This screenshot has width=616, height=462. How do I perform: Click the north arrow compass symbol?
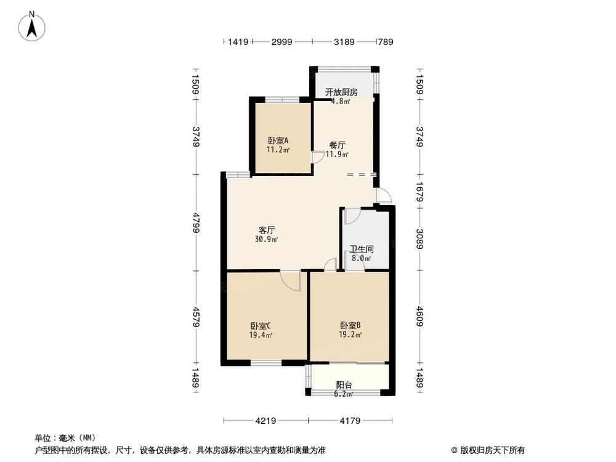[x=32, y=26]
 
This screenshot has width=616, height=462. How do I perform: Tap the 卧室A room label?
[x=278, y=140]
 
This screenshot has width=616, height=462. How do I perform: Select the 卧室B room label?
[x=351, y=326]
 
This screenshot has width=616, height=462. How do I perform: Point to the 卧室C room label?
[x=261, y=326]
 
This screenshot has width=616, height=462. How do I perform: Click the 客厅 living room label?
[x=267, y=230]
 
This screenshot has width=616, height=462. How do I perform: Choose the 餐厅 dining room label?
[x=337, y=145]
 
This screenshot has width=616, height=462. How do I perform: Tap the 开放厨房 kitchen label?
[x=341, y=92]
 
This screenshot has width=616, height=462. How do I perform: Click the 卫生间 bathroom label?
[x=362, y=249]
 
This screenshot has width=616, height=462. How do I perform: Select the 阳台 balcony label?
[x=344, y=385]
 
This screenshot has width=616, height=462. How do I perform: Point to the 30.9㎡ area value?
[x=267, y=239]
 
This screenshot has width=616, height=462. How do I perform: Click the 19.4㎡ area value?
[x=261, y=335]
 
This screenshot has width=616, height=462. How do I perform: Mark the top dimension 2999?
[x=282, y=42]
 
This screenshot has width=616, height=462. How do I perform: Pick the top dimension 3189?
[x=344, y=42]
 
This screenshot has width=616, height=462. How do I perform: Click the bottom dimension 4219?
[x=265, y=421]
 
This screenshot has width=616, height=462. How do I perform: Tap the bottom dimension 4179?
[x=350, y=421]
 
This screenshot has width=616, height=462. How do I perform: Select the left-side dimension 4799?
[x=196, y=222]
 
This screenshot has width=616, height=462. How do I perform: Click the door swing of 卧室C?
[x=291, y=281]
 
